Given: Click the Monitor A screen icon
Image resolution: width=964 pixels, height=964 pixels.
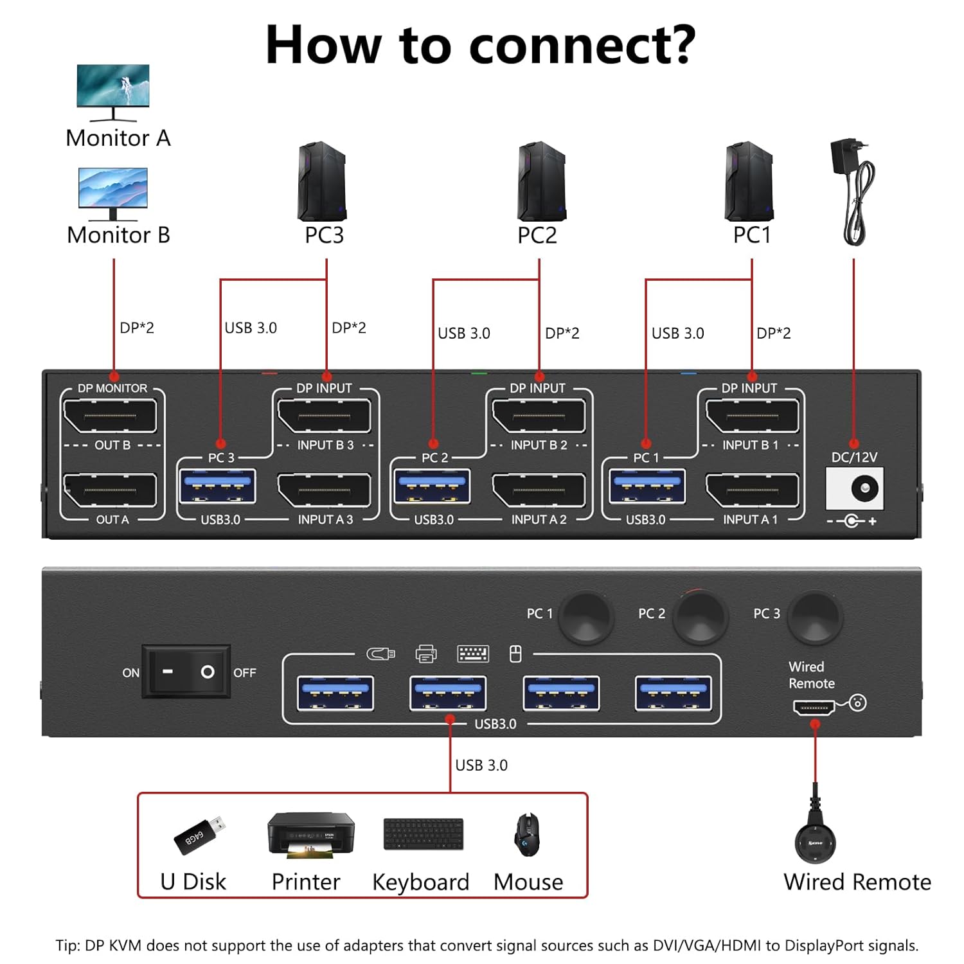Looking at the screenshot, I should (113, 86).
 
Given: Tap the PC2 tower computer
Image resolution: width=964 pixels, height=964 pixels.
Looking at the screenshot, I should (541, 183).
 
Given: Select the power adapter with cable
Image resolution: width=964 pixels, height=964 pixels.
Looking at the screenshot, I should (853, 192).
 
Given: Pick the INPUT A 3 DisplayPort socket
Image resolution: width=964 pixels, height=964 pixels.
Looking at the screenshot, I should (324, 491).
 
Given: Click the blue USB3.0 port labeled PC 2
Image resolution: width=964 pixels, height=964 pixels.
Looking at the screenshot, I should (433, 486).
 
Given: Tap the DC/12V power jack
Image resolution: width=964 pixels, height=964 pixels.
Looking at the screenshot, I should (854, 489).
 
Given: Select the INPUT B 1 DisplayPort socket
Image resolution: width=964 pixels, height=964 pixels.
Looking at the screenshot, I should (751, 416).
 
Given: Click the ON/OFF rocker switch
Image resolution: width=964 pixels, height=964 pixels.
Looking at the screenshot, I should (186, 672).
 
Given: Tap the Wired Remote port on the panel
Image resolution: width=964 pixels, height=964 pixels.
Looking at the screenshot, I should (814, 708).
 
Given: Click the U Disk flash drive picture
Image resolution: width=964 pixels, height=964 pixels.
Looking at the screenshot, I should (199, 835).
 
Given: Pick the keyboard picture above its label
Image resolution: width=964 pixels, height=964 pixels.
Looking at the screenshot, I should (423, 834).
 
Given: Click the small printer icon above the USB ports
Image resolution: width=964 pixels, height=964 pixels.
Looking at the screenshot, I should (425, 654).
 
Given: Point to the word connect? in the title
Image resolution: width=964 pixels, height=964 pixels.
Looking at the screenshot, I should (582, 45).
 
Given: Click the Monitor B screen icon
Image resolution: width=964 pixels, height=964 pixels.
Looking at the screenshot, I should (113, 188).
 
